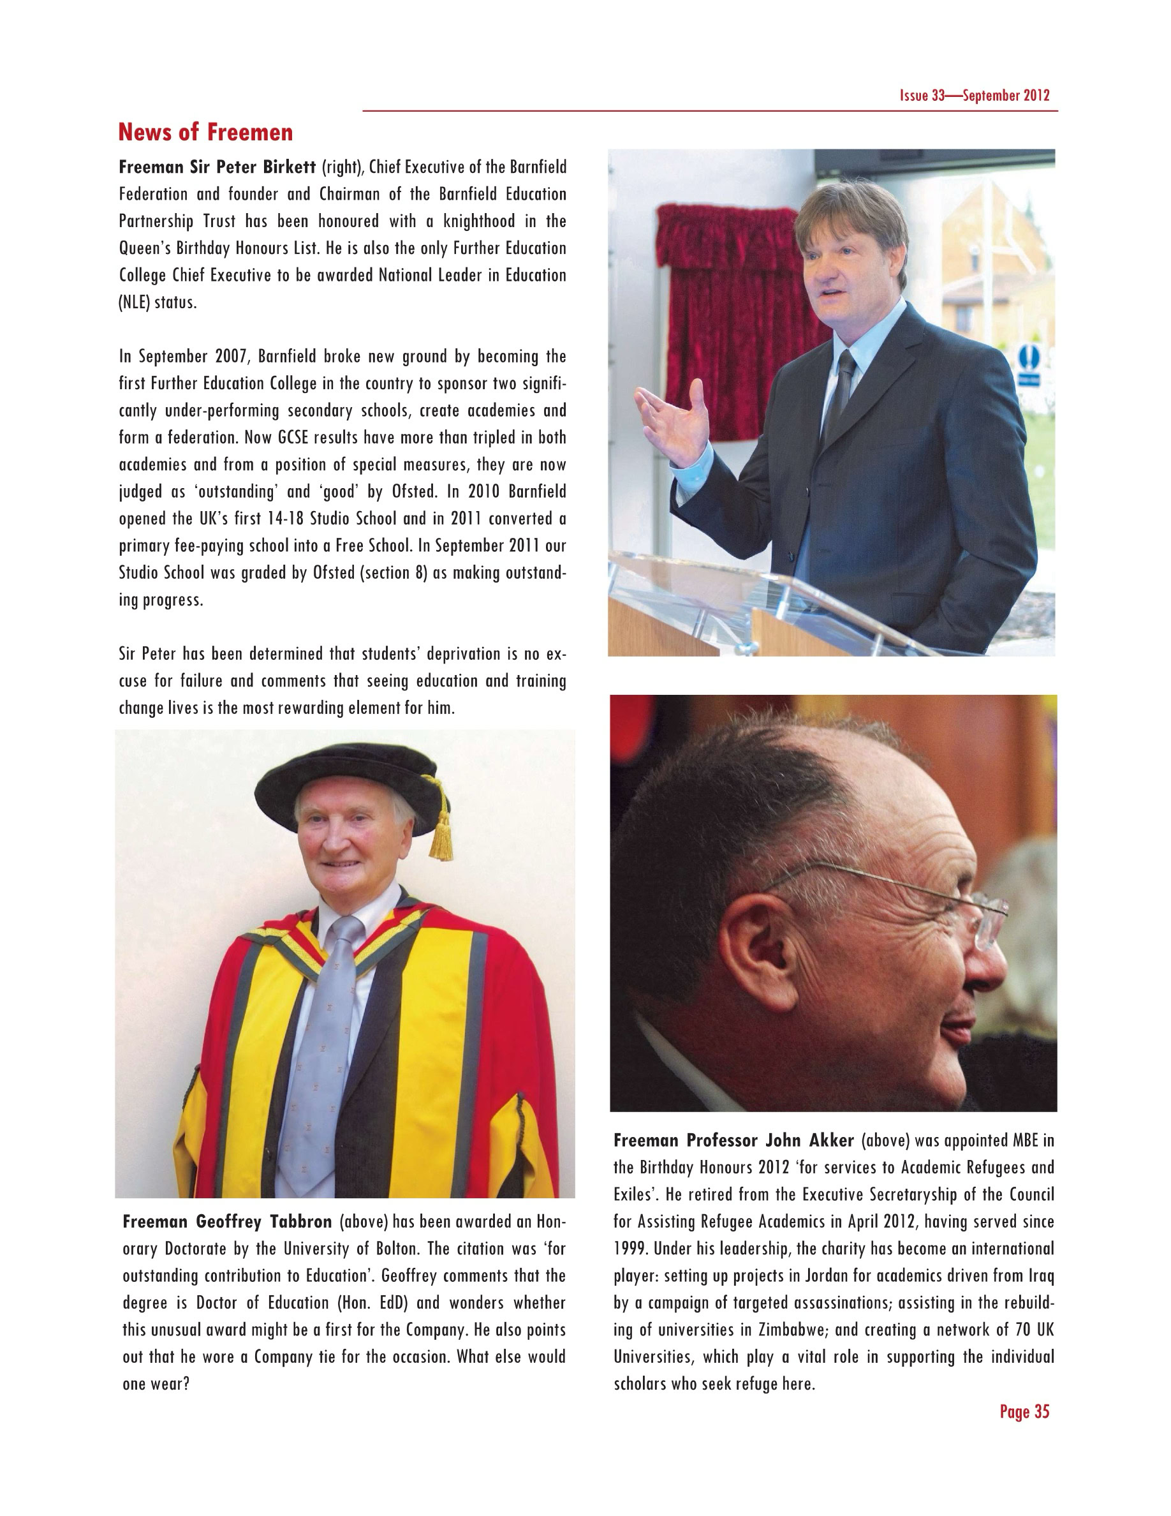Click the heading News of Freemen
[x=205, y=132]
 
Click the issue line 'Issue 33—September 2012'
[x=974, y=96]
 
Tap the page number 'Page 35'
[x=1024, y=1411]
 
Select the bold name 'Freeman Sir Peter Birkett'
[x=217, y=167]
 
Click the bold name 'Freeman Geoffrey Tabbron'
[x=227, y=1222]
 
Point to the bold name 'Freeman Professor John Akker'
[x=733, y=1140]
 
